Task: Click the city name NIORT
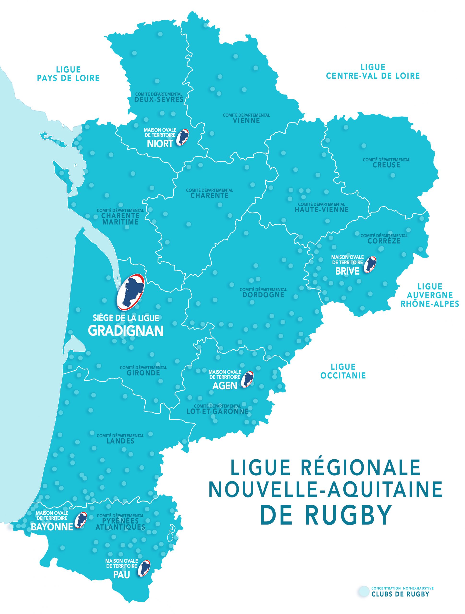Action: [x=160, y=143]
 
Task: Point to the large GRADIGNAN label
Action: [x=126, y=331]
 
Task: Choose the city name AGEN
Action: [x=225, y=386]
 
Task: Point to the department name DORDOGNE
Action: [x=263, y=295]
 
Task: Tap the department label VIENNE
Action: [x=246, y=120]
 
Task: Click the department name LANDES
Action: [x=120, y=441]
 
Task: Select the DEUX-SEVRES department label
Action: [x=159, y=100]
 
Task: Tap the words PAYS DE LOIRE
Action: [x=68, y=78]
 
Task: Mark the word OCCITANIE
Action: [x=343, y=376]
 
